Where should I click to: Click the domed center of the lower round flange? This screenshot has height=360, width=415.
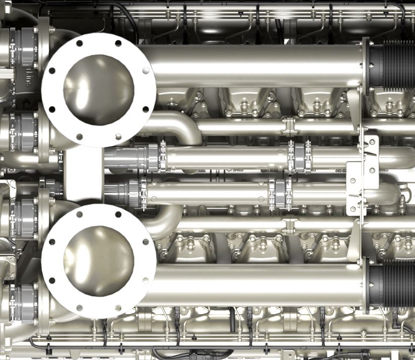pyautogui.click(x=98, y=261)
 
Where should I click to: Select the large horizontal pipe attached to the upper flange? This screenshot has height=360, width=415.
pyautogui.click(x=253, y=66)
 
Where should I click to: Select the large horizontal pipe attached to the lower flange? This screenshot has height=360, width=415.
pyautogui.click(x=253, y=285)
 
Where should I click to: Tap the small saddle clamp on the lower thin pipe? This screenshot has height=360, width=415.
pyautogui.click(x=289, y=225)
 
